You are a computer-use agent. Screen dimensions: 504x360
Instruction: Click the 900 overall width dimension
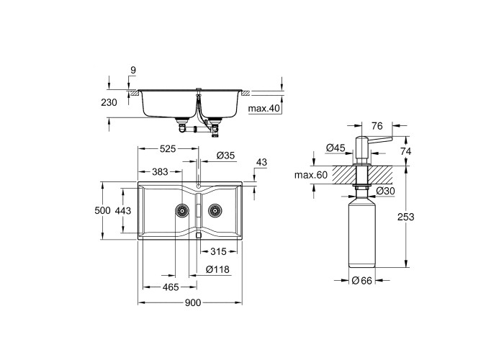[192, 303]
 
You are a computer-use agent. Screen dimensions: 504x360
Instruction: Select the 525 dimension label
[168, 149]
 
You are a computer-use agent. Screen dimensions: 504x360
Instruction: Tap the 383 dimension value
[160, 172]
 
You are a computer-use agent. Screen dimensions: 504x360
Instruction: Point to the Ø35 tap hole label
[225, 156]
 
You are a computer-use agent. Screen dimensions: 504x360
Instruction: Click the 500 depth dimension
[102, 210]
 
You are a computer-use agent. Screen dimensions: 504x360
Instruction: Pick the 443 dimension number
[123, 210]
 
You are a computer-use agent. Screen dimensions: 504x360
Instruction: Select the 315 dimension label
[219, 251]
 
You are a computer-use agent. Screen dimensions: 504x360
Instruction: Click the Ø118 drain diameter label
[217, 269]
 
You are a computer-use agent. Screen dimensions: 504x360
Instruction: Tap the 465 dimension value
[171, 287]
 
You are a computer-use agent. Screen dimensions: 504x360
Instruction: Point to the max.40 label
[264, 109]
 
